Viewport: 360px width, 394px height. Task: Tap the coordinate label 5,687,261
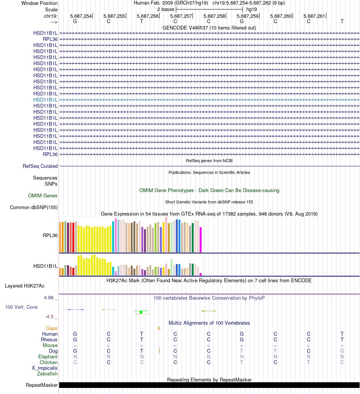pos(314,16)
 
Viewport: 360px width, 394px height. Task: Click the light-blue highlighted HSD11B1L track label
pos(45,100)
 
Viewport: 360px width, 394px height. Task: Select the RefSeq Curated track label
pos(40,166)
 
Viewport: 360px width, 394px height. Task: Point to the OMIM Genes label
pos(43,196)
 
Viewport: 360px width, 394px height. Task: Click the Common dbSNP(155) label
pos(34,207)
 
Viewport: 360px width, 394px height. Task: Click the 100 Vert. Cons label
pos(21,307)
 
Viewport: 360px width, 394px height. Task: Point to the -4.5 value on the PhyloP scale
pos(50,317)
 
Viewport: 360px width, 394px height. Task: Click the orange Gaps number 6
pos(159,328)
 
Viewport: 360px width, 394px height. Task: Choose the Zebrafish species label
pos(47,374)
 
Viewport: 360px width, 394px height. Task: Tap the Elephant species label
pos(48,356)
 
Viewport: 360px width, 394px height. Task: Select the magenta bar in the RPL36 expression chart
pos(200,239)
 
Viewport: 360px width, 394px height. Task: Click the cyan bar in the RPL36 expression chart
pos(113,236)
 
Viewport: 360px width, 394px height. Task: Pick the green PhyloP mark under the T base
pos(141,312)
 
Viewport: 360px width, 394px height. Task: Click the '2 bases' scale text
pos(166,9)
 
